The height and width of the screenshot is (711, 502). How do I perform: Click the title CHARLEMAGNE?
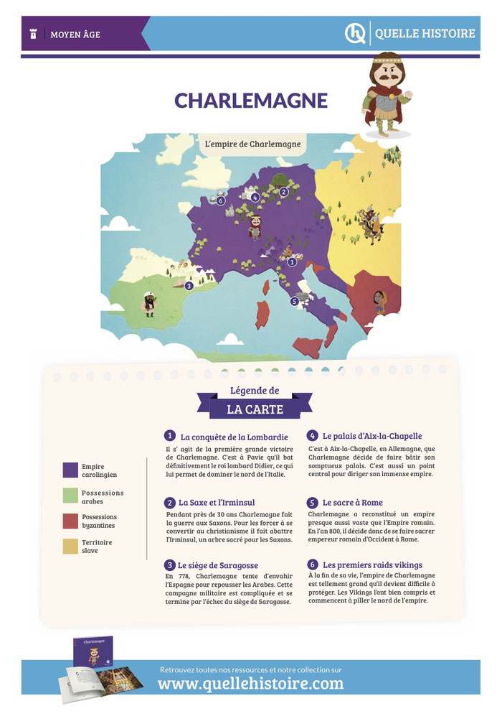click(x=250, y=101)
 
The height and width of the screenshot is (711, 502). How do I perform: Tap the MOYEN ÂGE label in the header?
click(x=75, y=34)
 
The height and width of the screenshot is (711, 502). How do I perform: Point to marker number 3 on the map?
click(x=189, y=285)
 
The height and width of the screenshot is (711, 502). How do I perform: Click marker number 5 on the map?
click(x=294, y=302)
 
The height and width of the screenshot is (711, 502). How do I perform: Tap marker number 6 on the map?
click(x=221, y=200)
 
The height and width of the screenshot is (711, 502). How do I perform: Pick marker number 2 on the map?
click(x=284, y=192)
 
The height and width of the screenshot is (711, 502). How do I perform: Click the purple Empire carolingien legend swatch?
click(x=70, y=470)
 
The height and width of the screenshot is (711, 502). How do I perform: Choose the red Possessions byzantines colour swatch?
click(x=70, y=521)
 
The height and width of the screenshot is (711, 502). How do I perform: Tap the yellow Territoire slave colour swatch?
click(x=70, y=547)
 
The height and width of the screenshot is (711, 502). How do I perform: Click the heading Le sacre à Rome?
click(x=352, y=502)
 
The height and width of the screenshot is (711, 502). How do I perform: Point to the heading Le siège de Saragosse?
click(x=218, y=565)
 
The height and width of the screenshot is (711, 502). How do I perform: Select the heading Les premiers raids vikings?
click(x=371, y=564)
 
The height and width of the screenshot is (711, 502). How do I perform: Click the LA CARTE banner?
click(x=255, y=409)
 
